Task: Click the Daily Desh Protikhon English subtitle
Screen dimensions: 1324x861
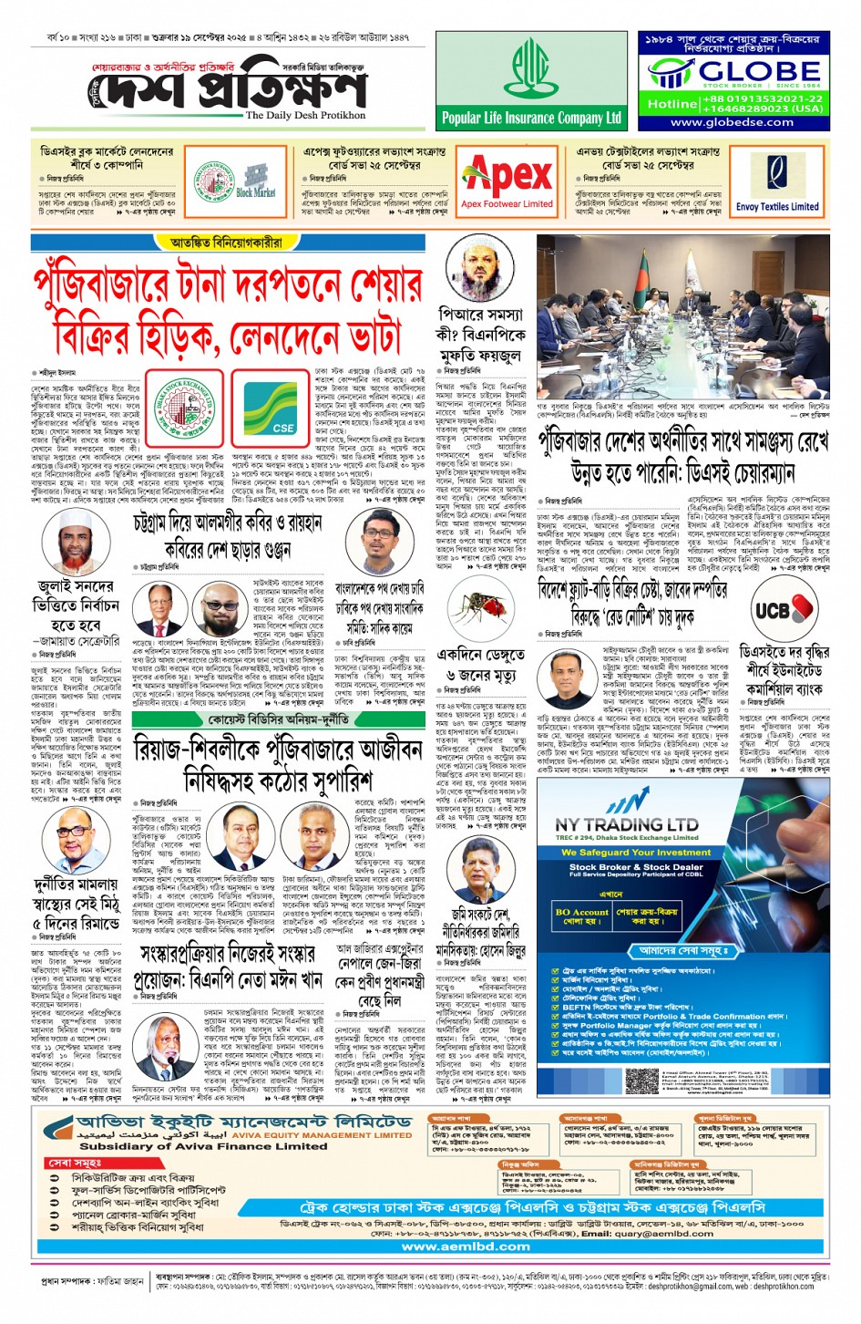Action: point(305,116)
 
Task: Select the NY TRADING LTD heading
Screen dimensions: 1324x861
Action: point(627,823)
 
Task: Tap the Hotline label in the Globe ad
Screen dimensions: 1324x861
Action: point(672,103)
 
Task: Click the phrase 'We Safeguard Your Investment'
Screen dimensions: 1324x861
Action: point(635,853)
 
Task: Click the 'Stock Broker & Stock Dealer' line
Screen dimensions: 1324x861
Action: point(636,867)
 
